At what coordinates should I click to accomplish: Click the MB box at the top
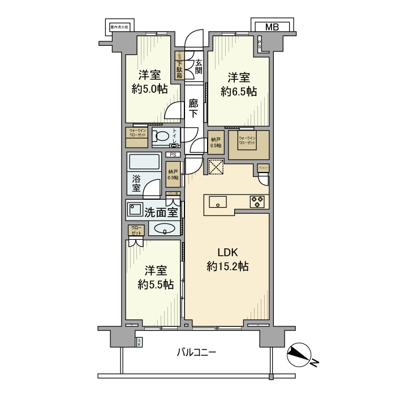click(x=272, y=27)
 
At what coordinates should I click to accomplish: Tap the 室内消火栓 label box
click(x=120, y=27)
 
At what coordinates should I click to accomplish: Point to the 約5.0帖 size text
click(x=149, y=88)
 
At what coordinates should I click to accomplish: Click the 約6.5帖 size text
click(x=239, y=91)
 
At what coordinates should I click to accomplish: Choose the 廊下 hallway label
click(x=193, y=108)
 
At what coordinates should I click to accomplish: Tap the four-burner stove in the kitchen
click(x=258, y=201)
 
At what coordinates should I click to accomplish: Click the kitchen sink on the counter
click(x=218, y=201)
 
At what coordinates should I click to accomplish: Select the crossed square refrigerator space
click(x=216, y=167)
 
